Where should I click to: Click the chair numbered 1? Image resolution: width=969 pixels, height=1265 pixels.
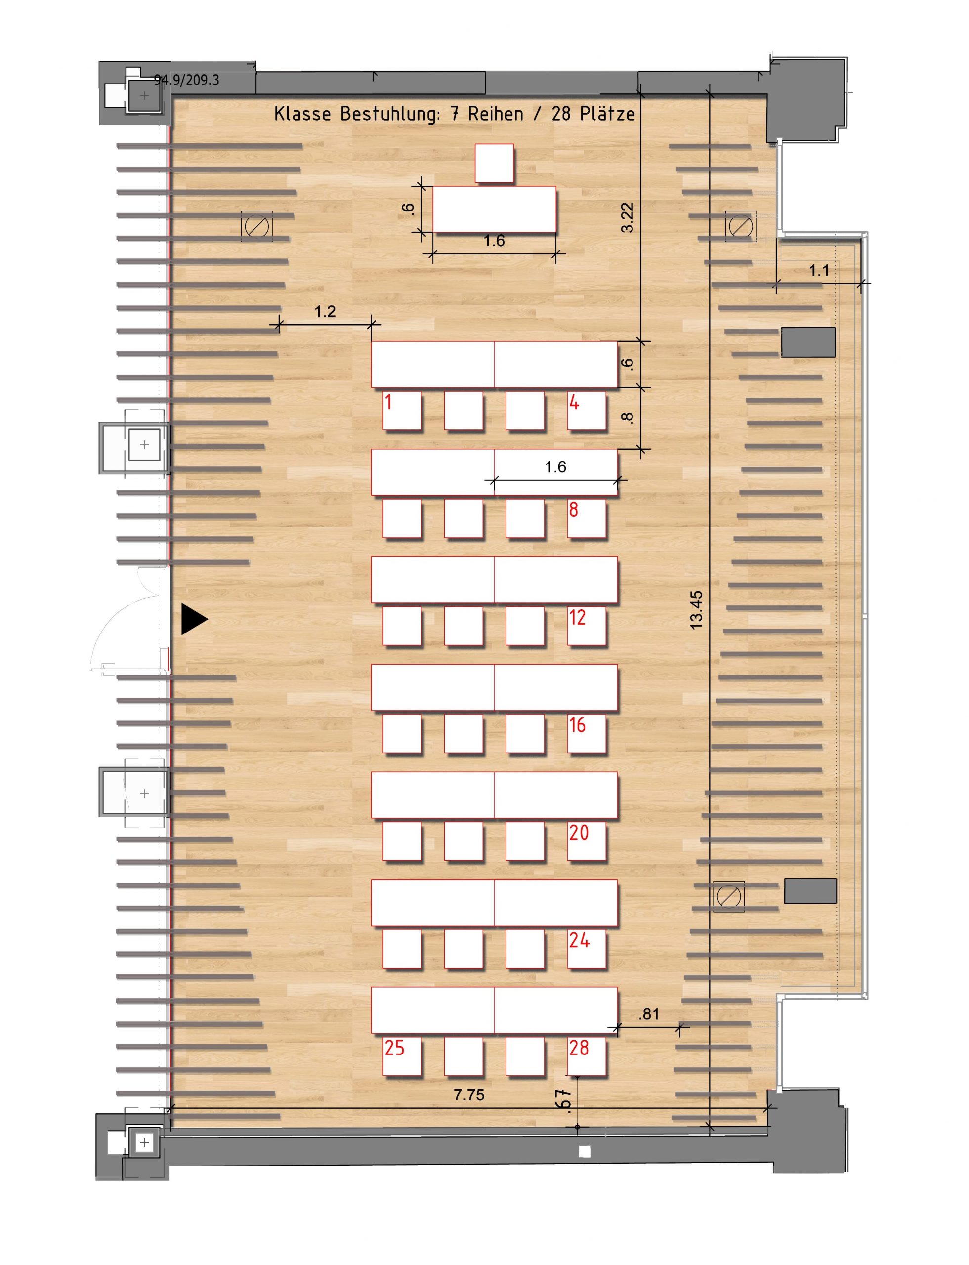click(x=402, y=411)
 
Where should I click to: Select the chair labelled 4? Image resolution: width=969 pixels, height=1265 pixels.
click(x=587, y=411)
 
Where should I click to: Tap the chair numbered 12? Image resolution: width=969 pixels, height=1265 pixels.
click(x=587, y=626)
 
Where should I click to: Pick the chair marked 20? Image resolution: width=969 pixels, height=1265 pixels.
click(x=587, y=841)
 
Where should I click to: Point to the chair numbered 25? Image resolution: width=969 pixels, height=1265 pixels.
click(x=402, y=1056)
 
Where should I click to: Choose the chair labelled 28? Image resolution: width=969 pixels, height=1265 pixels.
click(x=587, y=1056)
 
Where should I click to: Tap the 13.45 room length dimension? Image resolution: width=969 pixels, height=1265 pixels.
click(x=697, y=610)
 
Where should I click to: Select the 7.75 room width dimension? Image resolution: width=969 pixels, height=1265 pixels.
click(x=469, y=1094)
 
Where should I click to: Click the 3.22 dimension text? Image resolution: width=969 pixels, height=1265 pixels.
click(x=628, y=217)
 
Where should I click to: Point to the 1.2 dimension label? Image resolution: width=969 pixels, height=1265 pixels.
click(x=325, y=312)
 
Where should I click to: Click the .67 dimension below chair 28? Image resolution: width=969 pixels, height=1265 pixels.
click(x=566, y=1100)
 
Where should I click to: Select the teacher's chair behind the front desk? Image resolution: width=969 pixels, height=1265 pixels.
click(x=494, y=163)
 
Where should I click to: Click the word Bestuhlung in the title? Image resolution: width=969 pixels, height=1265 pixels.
click(x=390, y=114)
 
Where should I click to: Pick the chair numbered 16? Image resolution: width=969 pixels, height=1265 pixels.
click(x=587, y=734)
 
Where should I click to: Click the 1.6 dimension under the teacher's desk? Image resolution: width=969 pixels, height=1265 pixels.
click(x=494, y=241)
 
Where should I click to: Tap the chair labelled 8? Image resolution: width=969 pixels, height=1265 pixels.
click(x=587, y=518)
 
